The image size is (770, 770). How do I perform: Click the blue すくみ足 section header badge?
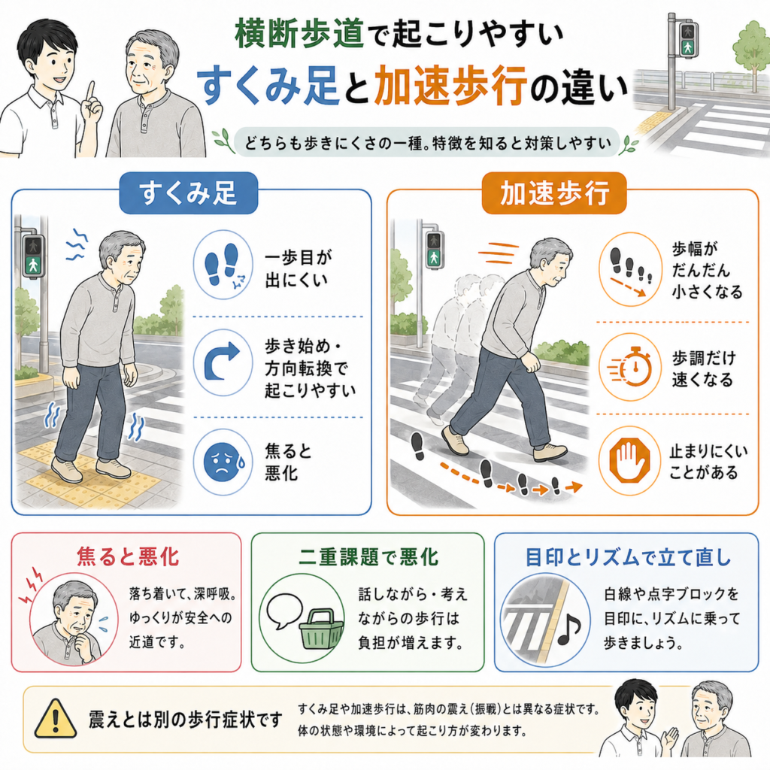pos(189,193)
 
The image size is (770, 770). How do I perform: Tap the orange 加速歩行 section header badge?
pos(554,193)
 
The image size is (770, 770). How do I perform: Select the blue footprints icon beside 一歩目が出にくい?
pos(223,265)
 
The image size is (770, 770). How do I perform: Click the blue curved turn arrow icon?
pos(223,362)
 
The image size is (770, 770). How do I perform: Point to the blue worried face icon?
pos(223,462)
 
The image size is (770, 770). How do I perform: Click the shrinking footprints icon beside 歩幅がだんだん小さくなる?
pos(631,269)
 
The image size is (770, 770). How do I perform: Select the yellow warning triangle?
pos(56,719)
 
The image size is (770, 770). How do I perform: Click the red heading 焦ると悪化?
pos(128,557)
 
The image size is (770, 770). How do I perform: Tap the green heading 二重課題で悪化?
pos(368,557)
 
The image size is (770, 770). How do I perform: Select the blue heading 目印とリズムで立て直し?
pos(628,557)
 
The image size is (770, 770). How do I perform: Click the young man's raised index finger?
pos(90,91)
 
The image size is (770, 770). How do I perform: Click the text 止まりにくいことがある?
pos(708,462)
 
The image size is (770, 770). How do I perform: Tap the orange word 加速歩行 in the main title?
pos(450,86)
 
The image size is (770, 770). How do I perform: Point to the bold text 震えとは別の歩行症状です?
pos(186,720)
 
